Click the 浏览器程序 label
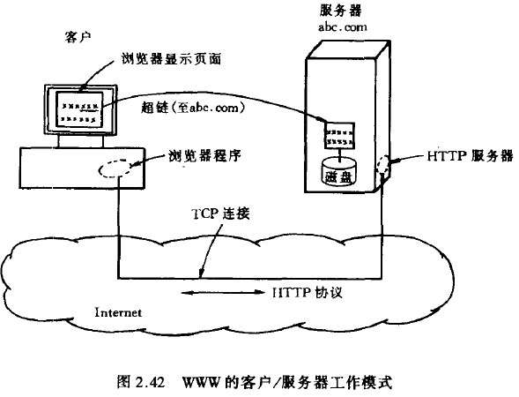coord(205,157)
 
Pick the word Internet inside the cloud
coord(117,312)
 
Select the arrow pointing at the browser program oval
coord(150,161)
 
